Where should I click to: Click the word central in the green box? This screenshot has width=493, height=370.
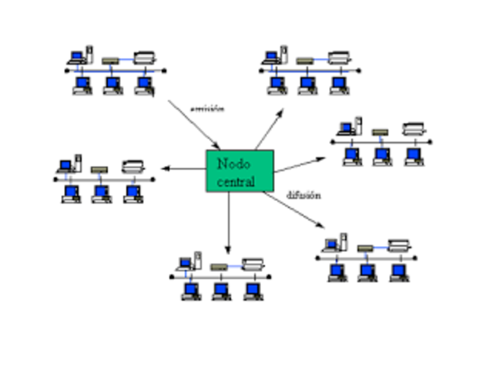235,182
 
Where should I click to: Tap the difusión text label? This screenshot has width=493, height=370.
304,195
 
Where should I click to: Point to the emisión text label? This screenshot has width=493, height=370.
206,109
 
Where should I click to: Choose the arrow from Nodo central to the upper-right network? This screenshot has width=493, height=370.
269,129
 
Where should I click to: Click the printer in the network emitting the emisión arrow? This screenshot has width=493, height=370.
144,56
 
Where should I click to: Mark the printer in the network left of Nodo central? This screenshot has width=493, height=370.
132,166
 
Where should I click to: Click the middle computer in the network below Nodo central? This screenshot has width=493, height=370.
220,291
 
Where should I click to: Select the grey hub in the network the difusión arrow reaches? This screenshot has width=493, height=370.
365,248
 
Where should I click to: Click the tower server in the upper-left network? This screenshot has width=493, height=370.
89,54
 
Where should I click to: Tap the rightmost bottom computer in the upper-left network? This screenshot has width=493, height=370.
143,83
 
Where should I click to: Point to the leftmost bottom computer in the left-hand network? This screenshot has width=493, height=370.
70,192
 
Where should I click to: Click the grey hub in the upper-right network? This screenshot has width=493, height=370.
304,59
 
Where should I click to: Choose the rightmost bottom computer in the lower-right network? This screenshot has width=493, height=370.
398,271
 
